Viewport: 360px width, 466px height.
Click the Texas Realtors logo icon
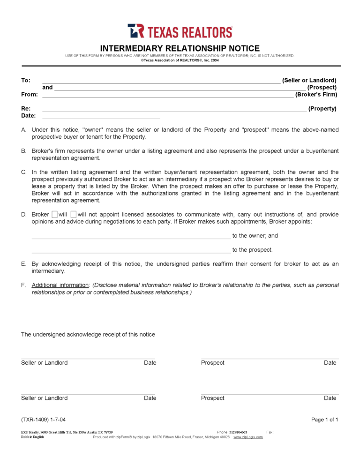click(136, 31)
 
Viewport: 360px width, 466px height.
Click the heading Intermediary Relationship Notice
click(180, 48)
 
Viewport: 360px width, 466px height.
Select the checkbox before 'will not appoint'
click(74, 215)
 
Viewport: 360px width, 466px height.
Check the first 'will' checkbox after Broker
click(54, 215)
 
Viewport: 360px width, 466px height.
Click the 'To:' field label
click(26, 80)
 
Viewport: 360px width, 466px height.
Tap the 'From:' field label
click(30, 94)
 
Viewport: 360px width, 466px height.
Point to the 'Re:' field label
click(26, 108)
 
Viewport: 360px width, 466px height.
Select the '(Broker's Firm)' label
click(316, 94)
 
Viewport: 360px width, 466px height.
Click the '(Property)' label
click(322, 108)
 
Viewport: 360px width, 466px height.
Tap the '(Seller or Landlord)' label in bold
click(309, 80)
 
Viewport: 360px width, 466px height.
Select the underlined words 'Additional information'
click(60, 285)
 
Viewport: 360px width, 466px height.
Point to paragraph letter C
click(23, 172)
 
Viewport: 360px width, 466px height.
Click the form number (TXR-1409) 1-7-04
click(46, 420)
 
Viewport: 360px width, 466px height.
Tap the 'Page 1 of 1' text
click(324, 420)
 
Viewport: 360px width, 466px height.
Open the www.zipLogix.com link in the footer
click(248, 437)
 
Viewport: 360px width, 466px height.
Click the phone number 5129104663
click(238, 432)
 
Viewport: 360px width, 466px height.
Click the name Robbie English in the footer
click(33, 437)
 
